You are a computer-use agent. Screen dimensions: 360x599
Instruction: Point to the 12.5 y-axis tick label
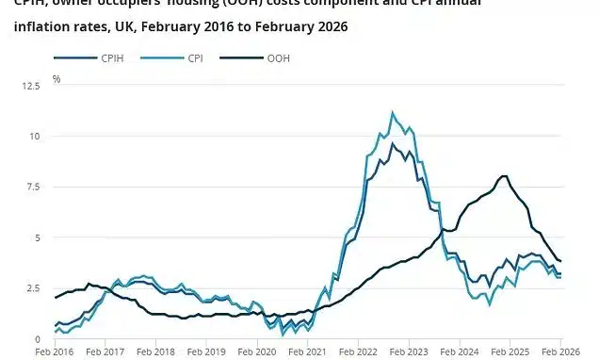click(x=57, y=86)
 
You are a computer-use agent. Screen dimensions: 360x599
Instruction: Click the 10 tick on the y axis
click(x=60, y=137)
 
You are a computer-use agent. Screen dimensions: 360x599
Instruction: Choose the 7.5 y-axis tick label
click(x=58, y=187)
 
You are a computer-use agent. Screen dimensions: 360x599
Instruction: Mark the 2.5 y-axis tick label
click(x=58, y=288)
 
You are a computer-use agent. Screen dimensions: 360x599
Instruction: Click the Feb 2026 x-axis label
click(x=562, y=352)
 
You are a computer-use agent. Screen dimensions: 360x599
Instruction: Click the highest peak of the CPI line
click(x=393, y=112)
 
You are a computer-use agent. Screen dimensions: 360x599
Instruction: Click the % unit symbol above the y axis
click(x=57, y=79)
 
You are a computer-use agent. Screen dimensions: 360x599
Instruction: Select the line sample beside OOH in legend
click(x=237, y=58)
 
